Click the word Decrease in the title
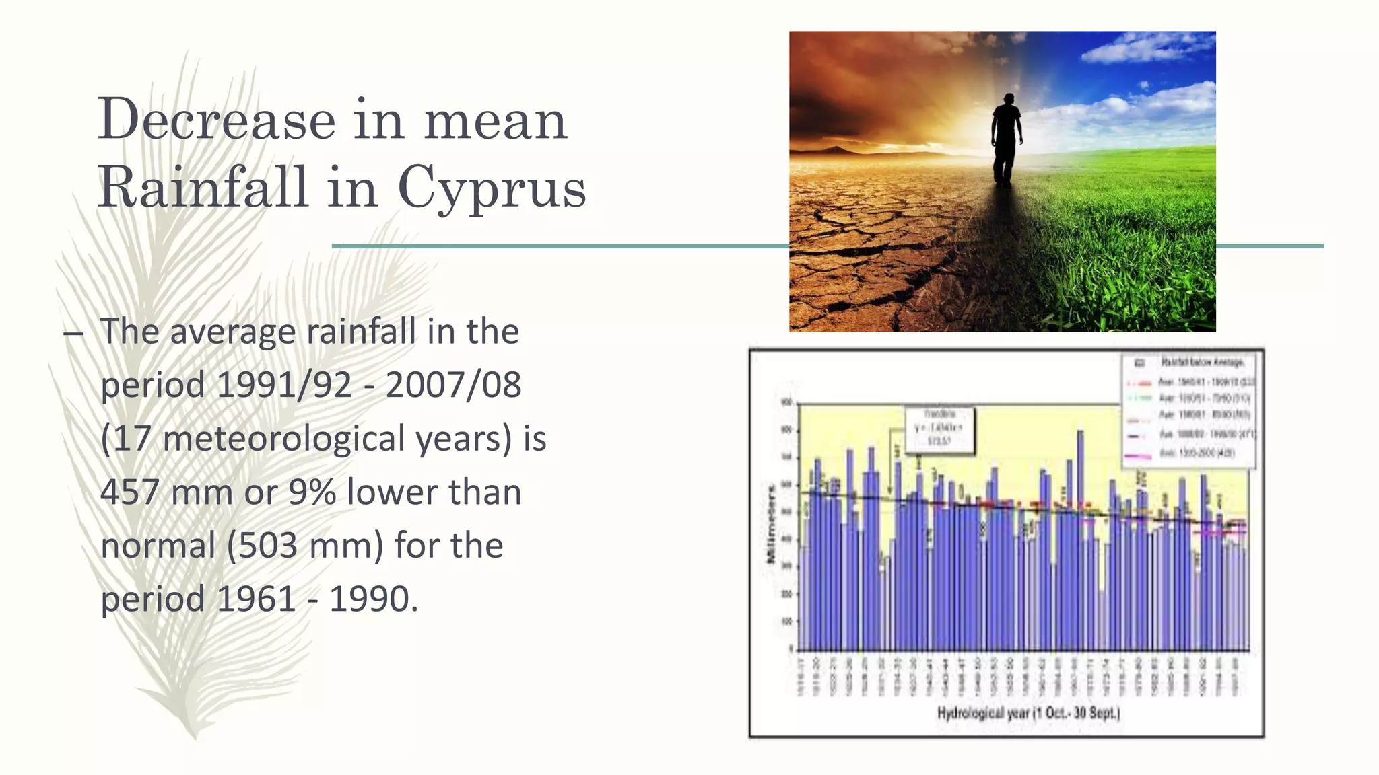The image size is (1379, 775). pos(217,120)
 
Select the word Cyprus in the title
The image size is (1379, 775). pos(492,188)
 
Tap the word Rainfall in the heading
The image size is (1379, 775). pos(204,186)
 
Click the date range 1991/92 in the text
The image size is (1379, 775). pos(284,385)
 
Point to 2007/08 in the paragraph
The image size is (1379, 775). pos(453,385)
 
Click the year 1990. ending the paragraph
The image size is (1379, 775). pos(374,599)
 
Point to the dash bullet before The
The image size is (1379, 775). pos(73,333)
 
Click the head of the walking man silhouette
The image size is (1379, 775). pos(1008,99)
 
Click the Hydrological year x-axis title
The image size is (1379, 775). pos(1028,712)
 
